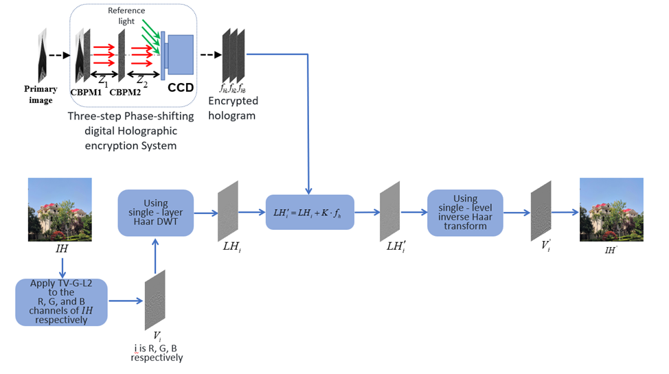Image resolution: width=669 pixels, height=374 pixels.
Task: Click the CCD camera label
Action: coord(181,88)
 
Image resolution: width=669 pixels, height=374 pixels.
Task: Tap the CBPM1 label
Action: coord(86,91)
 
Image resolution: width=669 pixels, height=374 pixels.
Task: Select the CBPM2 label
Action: coord(126,91)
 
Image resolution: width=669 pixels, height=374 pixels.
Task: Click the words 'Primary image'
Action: coord(41,94)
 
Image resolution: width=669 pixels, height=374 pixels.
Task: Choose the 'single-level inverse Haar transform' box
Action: coord(466,211)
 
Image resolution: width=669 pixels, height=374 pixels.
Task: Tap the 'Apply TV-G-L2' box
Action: coord(62,301)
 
